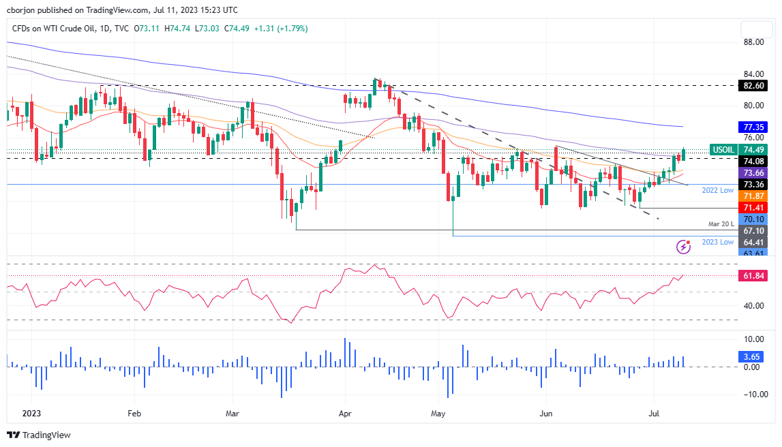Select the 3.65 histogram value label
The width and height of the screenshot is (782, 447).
tap(755, 356)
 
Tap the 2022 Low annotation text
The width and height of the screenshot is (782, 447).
tap(718, 191)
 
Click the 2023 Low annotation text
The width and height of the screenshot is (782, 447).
tap(718, 242)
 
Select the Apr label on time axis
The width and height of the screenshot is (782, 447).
tap(345, 413)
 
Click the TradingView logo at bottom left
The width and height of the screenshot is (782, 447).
tap(39, 435)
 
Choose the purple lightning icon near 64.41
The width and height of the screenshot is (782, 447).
tap(682, 246)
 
